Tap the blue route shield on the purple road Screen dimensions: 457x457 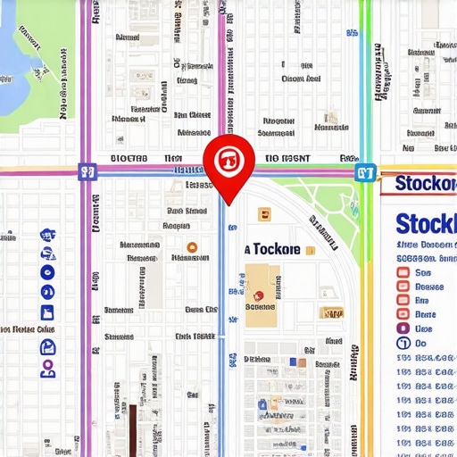[x=87, y=170]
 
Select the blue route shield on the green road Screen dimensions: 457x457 [x=364, y=171]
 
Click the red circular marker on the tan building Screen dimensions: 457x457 [x=259, y=295]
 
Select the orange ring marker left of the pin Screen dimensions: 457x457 [x=190, y=248]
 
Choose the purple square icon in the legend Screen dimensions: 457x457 [x=403, y=328]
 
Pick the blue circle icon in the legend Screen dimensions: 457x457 [x=403, y=343]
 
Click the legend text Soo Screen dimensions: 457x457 [x=424, y=272]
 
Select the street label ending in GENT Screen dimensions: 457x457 [x=287, y=158]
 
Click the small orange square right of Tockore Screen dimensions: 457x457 [x=310, y=251]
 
